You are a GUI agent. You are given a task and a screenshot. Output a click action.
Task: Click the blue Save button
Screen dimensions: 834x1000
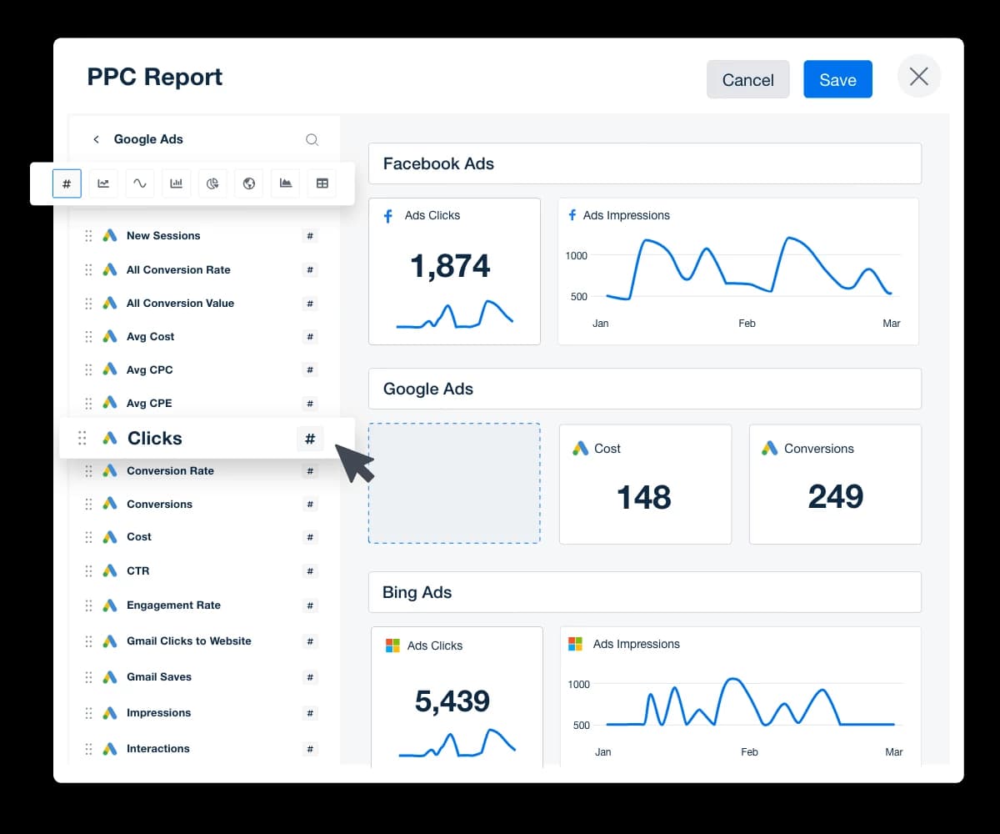pyautogui.click(x=837, y=79)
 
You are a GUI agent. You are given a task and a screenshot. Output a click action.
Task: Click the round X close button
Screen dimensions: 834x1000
pyautogui.click(x=918, y=77)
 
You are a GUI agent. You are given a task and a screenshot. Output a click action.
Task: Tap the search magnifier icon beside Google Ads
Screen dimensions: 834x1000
pyautogui.click(x=312, y=139)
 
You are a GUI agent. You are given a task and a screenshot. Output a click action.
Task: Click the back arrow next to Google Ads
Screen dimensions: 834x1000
pyautogui.click(x=96, y=139)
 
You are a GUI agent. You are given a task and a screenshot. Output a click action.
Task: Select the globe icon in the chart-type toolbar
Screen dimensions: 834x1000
pyautogui.click(x=249, y=183)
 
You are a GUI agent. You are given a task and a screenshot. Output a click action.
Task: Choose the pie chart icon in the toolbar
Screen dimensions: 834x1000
pyautogui.click(x=212, y=183)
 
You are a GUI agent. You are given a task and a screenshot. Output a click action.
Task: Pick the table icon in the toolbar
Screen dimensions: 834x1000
pyautogui.click(x=322, y=183)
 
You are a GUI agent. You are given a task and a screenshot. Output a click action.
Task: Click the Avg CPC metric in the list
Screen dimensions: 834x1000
pyautogui.click(x=150, y=369)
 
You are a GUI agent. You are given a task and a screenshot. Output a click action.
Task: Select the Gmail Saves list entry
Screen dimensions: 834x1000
pyautogui.click(x=159, y=676)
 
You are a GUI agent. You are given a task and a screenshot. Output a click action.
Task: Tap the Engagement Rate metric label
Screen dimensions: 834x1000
pyautogui.click(x=173, y=605)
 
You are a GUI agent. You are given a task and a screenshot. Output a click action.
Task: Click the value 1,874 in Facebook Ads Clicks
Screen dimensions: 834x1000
pyautogui.click(x=450, y=266)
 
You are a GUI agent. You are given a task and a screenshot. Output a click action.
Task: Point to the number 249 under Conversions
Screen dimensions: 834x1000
pyautogui.click(x=835, y=497)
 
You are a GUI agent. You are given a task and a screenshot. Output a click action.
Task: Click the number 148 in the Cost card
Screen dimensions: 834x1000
pyautogui.click(x=644, y=498)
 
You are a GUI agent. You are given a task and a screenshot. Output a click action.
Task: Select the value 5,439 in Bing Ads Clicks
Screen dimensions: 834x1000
pyautogui.click(x=452, y=701)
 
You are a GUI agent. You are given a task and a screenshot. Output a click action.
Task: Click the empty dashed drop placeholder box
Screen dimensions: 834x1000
pyautogui.click(x=454, y=484)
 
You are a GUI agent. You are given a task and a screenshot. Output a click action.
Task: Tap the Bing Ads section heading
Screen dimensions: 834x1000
pyautogui.click(x=417, y=592)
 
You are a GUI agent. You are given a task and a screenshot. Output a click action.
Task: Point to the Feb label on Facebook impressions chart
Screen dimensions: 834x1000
pyautogui.click(x=747, y=324)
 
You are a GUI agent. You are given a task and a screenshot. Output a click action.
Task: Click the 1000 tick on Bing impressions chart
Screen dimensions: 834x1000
pyautogui.click(x=578, y=684)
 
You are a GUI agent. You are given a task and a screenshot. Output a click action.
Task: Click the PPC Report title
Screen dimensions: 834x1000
pyautogui.click(x=155, y=77)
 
